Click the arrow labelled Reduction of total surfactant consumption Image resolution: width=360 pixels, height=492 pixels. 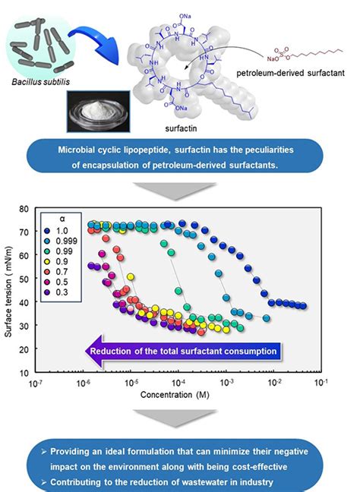(x=182, y=351)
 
